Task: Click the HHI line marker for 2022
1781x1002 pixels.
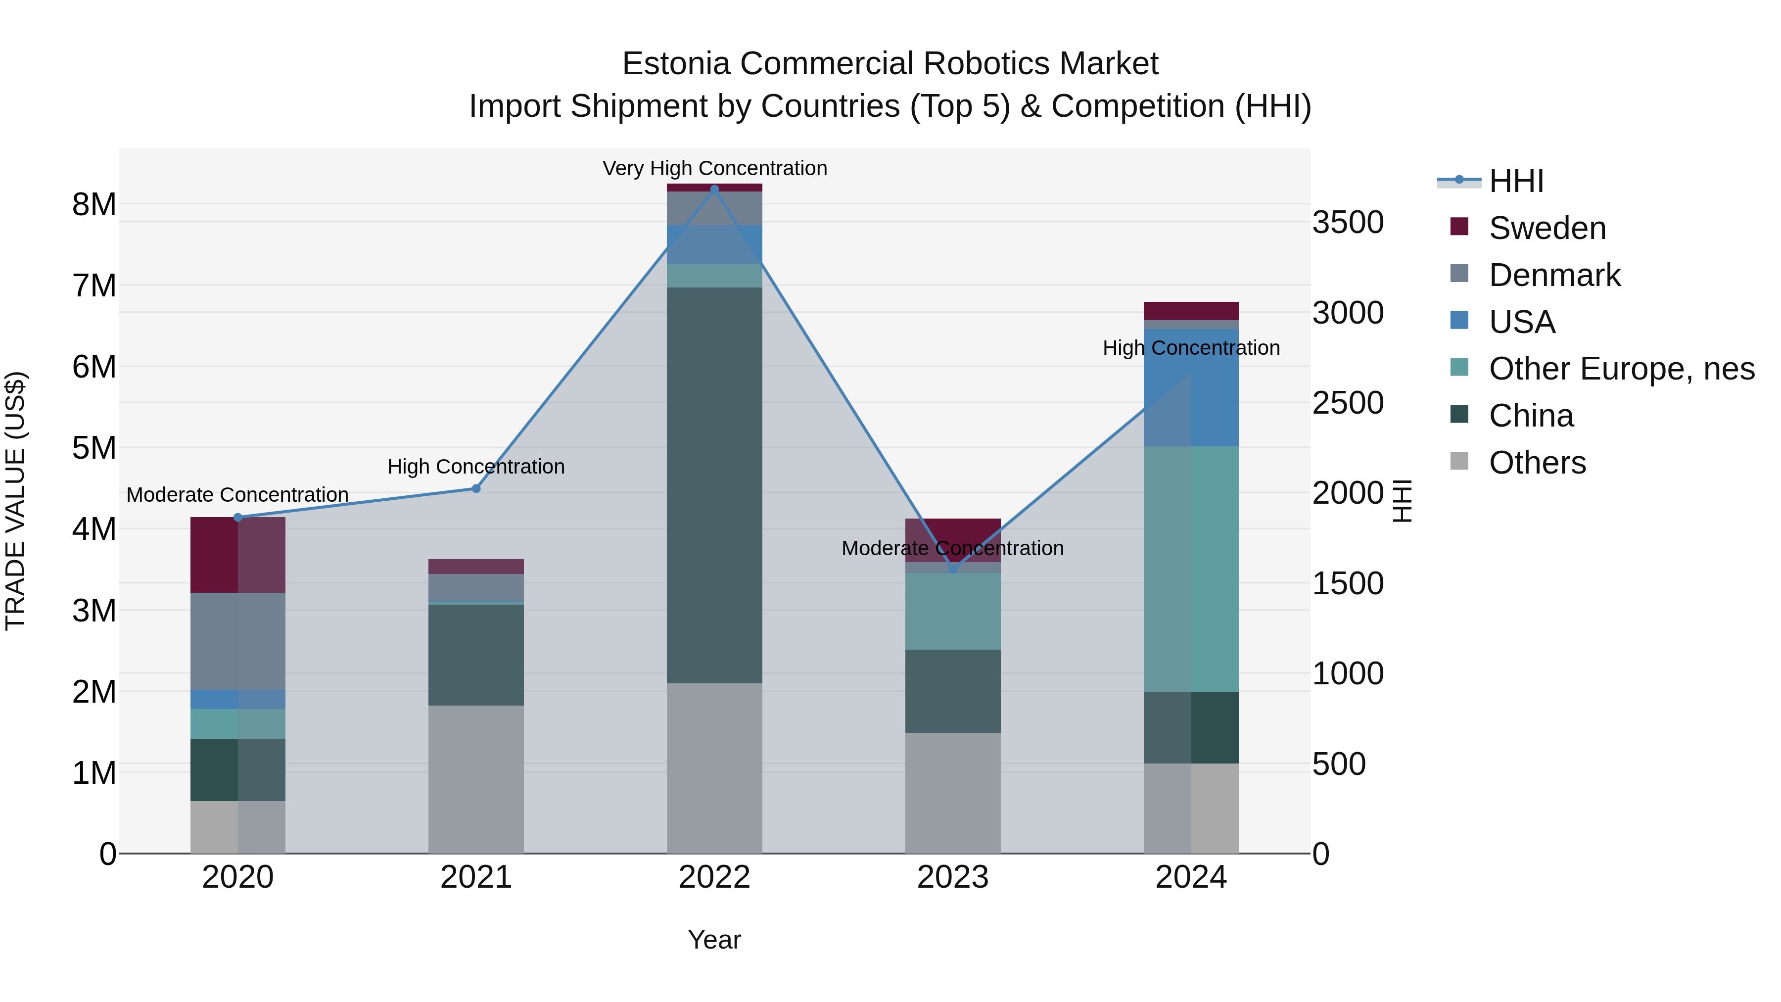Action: click(714, 189)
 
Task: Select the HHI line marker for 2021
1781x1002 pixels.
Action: click(475, 489)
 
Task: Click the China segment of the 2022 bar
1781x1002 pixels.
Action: click(714, 484)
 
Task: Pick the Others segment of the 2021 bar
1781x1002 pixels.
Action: click(475, 779)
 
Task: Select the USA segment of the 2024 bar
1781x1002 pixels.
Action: click(1191, 387)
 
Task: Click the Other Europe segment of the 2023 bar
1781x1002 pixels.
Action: click(953, 611)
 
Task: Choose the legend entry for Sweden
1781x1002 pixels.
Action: click(1547, 228)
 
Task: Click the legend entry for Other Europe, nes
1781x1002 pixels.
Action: click(1621, 369)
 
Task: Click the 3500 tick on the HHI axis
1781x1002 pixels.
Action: click(1348, 223)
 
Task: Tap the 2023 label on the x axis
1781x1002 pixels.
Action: click(953, 877)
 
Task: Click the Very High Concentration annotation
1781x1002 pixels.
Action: click(714, 168)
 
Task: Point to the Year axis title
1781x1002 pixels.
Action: click(714, 940)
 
